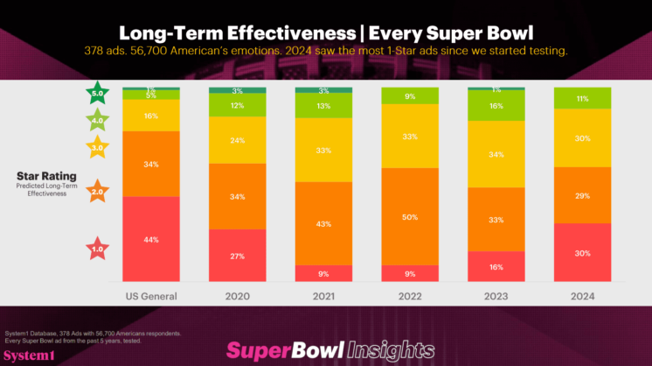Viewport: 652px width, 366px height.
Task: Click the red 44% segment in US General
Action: pos(150,238)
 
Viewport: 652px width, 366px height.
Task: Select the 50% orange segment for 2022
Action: pos(409,216)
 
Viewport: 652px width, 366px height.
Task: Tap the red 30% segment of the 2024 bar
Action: pos(581,252)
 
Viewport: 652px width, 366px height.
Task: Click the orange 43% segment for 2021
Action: pos(323,224)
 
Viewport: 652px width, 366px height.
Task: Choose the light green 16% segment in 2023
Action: pos(496,106)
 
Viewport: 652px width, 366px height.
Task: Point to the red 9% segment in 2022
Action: pos(409,272)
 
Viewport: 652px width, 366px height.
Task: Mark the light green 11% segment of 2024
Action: pos(581,99)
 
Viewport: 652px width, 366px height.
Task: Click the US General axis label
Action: pos(150,296)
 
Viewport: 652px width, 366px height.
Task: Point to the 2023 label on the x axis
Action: pos(496,296)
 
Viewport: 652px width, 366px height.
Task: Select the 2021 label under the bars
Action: pos(323,296)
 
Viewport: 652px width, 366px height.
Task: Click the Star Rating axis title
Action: pos(40,175)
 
